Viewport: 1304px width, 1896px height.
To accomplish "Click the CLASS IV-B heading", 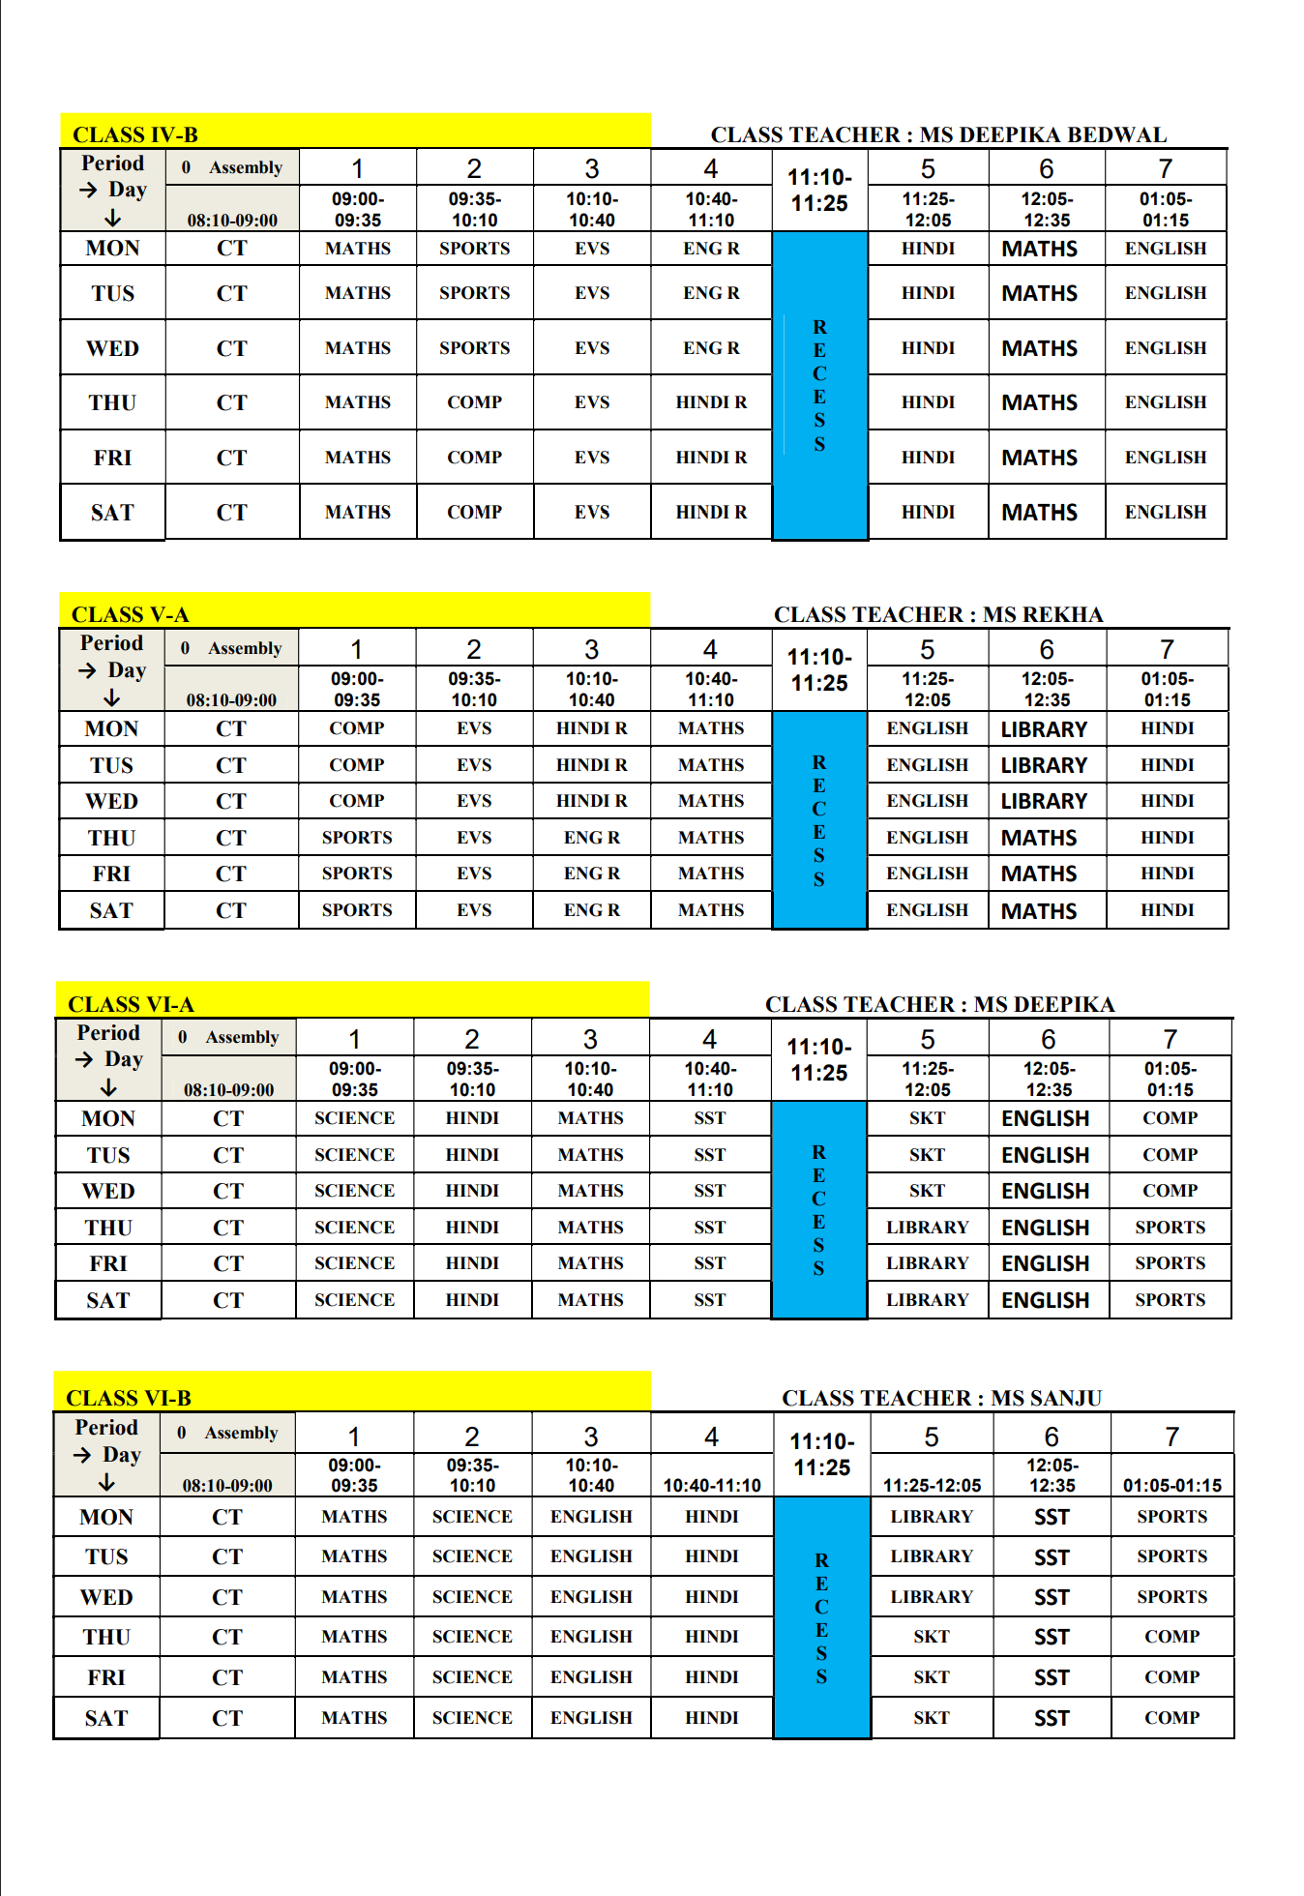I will pyautogui.click(x=135, y=134).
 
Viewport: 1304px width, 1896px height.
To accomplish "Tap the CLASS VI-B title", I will pyautogui.click(x=129, y=1398).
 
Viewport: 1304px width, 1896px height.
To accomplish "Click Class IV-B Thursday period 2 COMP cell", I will pyautogui.click(x=474, y=402).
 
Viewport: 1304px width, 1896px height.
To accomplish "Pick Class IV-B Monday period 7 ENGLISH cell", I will pyautogui.click(x=1165, y=249).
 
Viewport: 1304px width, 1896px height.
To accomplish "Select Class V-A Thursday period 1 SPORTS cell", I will pyautogui.click(x=357, y=838).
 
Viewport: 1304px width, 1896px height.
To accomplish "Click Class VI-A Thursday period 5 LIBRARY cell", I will pyautogui.click(x=927, y=1228).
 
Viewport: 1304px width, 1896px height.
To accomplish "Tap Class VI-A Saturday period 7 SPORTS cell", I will pyautogui.click(x=1170, y=1300).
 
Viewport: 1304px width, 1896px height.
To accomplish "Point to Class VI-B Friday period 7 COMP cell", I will pyautogui.click(x=1171, y=1677).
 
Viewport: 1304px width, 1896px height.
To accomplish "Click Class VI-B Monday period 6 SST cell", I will pyautogui.click(x=1051, y=1517).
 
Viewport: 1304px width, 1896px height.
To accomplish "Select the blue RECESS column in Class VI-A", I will pyautogui.click(x=818, y=1209).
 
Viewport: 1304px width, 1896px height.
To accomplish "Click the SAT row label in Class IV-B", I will pyautogui.click(x=112, y=513).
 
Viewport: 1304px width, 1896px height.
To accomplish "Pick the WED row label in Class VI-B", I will pyautogui.click(x=106, y=1597).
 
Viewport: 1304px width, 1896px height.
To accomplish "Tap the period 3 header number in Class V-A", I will pyautogui.click(x=591, y=649).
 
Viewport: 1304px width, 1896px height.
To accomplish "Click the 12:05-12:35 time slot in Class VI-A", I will pyautogui.click(x=1049, y=1079).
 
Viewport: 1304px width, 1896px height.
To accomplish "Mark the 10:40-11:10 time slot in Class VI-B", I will pyautogui.click(x=711, y=1485).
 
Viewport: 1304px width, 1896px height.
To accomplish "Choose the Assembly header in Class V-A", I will pyautogui.click(x=244, y=648).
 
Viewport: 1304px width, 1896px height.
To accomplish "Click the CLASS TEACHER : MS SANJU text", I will pyautogui.click(x=941, y=1398).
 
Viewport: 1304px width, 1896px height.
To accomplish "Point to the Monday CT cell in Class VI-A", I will pyautogui.click(x=228, y=1118).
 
